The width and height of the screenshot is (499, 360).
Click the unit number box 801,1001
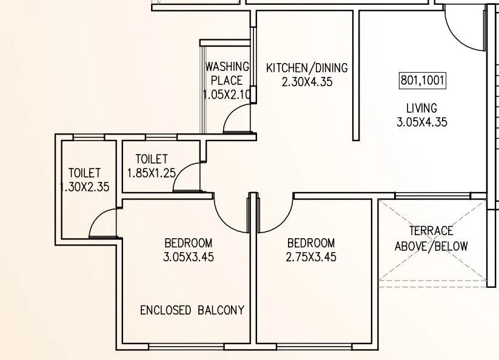coord(423,80)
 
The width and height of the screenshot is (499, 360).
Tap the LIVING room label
coord(421,108)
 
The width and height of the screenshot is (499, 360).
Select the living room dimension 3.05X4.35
coord(422,122)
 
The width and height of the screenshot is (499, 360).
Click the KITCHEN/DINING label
coord(307,68)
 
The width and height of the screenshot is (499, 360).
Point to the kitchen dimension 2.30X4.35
coord(307,82)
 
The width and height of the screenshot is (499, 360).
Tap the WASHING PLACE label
coord(227,73)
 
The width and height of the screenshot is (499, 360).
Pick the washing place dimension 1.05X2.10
coord(226,95)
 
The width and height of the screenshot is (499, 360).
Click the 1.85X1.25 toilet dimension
coord(151,173)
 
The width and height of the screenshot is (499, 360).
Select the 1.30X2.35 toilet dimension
coord(85,187)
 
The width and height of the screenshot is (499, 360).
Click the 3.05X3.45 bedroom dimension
coord(188,256)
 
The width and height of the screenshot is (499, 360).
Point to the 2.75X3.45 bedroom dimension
coord(311,256)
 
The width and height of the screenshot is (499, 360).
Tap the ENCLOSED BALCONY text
coord(192,310)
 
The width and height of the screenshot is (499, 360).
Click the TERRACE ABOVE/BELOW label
coord(431,238)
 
